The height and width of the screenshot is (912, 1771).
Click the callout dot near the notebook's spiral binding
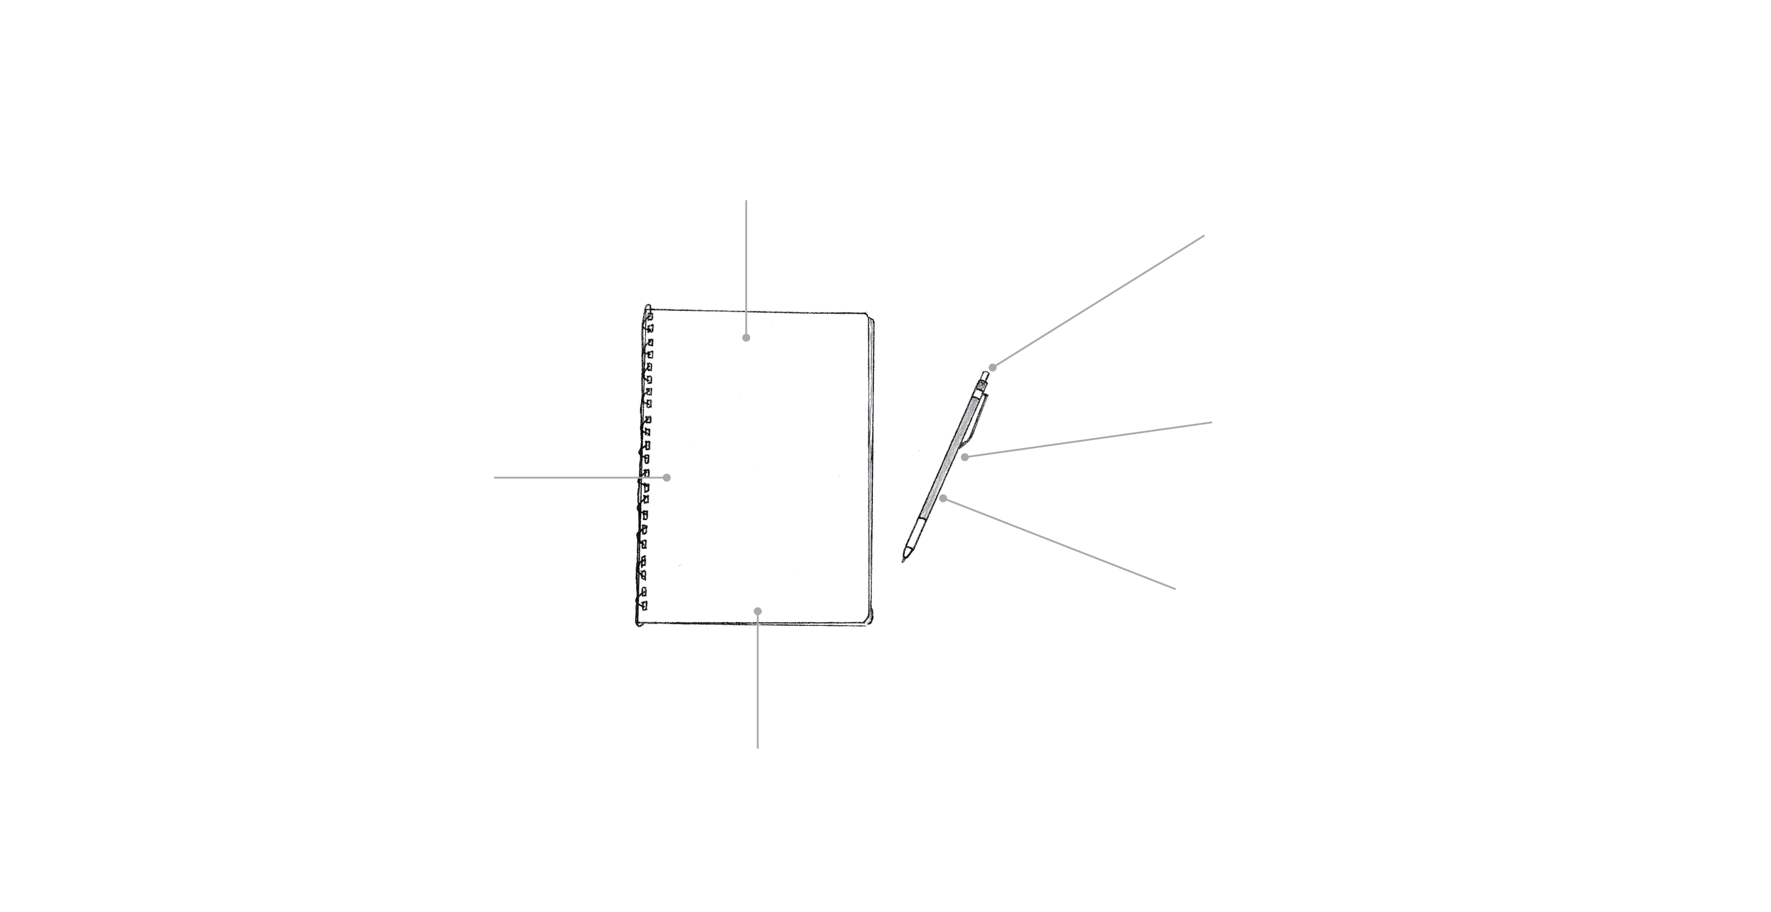tap(666, 477)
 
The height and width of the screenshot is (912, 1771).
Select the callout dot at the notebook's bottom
tap(757, 611)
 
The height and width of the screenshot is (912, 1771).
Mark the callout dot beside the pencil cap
tap(993, 367)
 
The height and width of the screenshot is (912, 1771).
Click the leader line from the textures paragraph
tap(1059, 543)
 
